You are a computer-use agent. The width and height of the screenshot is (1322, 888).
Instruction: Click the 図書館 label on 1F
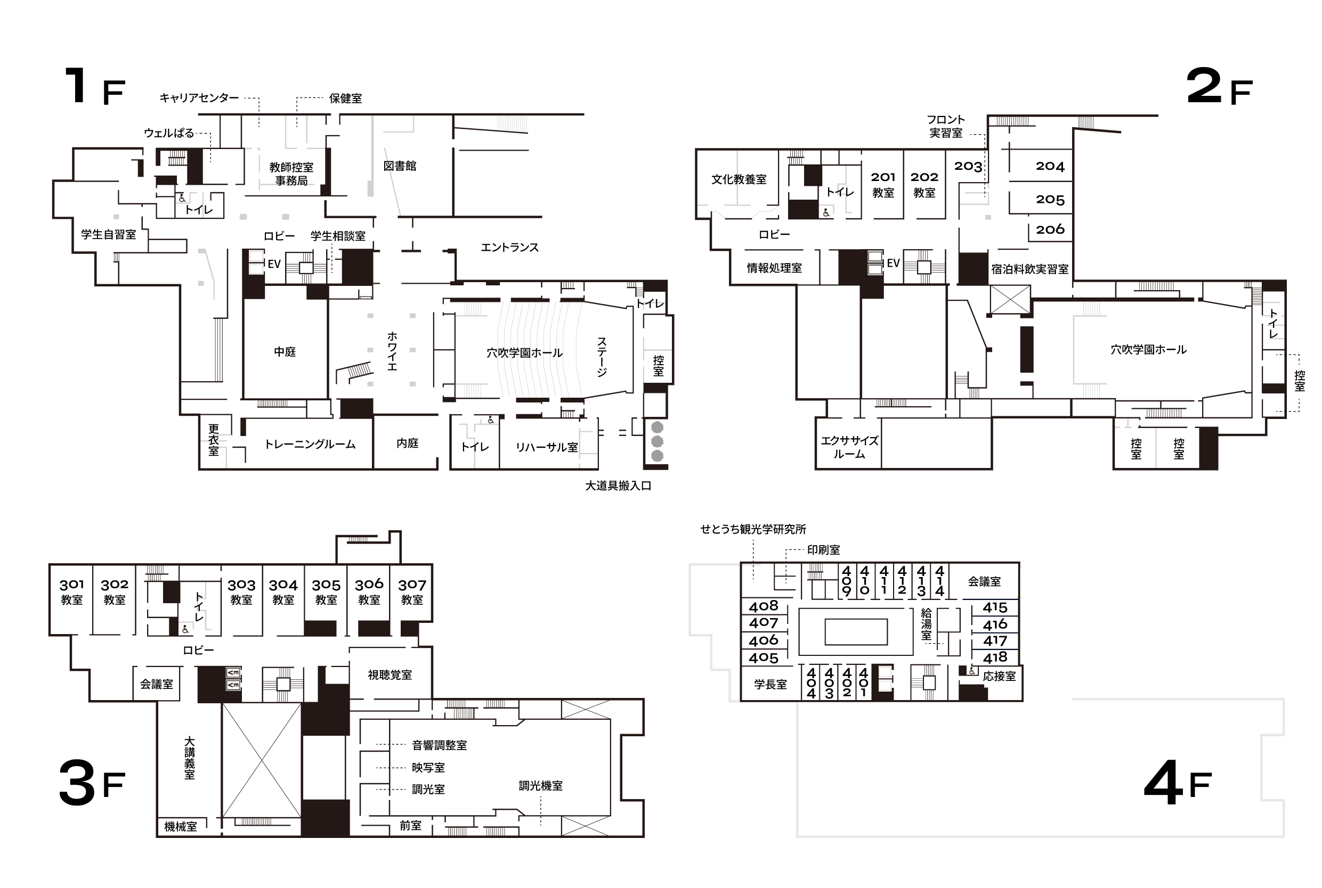click(x=400, y=166)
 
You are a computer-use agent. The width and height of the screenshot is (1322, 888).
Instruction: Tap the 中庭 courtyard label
click(x=285, y=352)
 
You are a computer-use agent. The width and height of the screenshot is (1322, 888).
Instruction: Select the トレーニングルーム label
click(x=310, y=444)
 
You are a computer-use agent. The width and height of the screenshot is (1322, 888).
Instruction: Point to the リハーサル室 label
click(x=547, y=447)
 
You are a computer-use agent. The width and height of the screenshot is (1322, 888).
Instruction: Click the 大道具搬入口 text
click(x=618, y=486)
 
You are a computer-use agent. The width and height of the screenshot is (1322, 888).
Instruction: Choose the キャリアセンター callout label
click(x=199, y=98)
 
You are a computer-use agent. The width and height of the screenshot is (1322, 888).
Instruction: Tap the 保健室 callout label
click(x=345, y=98)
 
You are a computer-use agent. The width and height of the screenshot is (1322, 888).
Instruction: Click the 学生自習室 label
click(x=108, y=234)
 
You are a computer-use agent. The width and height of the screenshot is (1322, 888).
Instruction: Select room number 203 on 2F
click(x=968, y=166)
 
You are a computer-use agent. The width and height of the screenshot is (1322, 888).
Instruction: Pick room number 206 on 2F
click(x=1050, y=229)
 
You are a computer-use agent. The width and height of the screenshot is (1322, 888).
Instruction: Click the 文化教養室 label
click(x=739, y=179)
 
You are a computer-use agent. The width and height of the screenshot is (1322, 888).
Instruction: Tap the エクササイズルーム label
click(x=849, y=447)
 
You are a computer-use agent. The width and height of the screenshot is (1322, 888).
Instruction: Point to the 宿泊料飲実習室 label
click(x=1029, y=269)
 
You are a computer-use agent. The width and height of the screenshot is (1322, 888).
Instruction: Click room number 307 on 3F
click(x=412, y=585)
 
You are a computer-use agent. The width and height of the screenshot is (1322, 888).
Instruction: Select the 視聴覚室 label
click(x=390, y=675)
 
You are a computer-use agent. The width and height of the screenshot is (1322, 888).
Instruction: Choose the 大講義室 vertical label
click(x=189, y=758)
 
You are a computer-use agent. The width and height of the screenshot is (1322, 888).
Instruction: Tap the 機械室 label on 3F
click(x=181, y=826)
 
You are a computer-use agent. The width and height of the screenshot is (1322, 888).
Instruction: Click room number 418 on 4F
click(x=995, y=657)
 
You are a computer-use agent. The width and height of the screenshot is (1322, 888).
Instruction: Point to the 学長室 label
click(x=770, y=684)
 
